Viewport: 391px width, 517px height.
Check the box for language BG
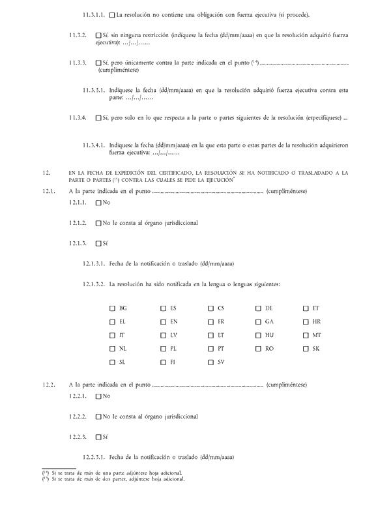(112, 308)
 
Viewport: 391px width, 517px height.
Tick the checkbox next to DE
(258, 308)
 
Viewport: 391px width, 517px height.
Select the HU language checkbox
(258, 335)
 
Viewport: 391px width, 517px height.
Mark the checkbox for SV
(210, 362)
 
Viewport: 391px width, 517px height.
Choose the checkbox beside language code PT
(210, 349)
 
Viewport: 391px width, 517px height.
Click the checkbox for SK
(306, 349)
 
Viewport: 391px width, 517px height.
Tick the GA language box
(258, 321)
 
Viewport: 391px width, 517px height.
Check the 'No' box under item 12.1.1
(98, 203)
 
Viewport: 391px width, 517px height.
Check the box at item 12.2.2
(98, 416)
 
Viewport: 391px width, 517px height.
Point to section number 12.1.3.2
(94, 284)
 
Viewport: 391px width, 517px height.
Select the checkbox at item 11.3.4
(98, 118)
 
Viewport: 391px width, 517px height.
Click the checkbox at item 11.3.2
(98, 35)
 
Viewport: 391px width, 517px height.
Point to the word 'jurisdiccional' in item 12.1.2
(177, 223)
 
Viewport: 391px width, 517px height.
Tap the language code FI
(173, 362)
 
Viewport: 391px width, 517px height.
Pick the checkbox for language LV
(163, 335)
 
